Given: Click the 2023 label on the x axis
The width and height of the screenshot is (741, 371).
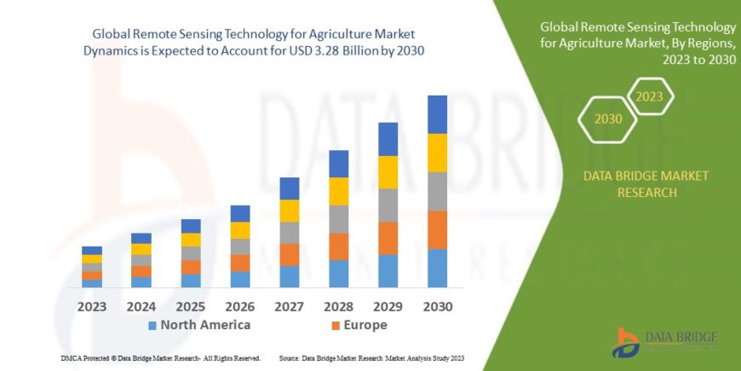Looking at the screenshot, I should click(91, 306).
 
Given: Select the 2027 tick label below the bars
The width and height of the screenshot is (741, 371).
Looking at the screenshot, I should click(290, 306).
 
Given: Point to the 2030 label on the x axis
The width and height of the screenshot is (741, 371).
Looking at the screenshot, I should click(437, 306).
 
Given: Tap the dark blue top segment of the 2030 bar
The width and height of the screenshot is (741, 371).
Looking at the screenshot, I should click(437, 114).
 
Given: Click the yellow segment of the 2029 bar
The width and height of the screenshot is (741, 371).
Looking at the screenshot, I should click(388, 172).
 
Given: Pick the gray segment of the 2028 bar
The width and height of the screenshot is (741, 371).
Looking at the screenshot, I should click(338, 219).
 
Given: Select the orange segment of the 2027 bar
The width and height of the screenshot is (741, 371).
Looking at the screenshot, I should click(290, 254).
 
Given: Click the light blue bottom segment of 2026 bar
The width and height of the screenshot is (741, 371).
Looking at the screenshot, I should click(240, 279).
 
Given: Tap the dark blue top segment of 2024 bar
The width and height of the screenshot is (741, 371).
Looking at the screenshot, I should click(141, 238).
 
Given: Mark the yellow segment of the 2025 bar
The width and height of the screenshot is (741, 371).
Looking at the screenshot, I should click(191, 240).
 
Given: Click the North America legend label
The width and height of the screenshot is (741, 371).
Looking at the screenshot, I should click(205, 325).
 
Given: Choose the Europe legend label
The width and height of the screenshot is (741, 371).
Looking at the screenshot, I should click(366, 325).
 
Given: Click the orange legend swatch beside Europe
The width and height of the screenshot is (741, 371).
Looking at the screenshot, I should click(336, 326).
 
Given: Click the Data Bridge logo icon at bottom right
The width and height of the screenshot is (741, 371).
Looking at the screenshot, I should click(628, 340).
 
